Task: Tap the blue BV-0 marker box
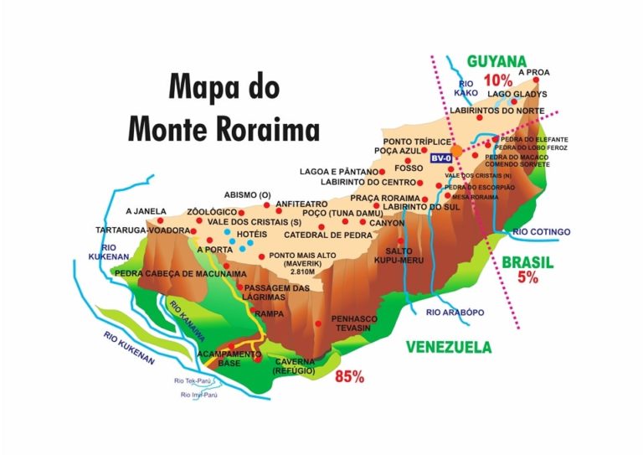point(441,158)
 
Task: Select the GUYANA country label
point(496,61)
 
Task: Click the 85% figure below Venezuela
point(349,377)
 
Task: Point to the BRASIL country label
point(527,262)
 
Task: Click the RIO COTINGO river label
point(541,232)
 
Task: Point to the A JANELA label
point(146,211)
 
